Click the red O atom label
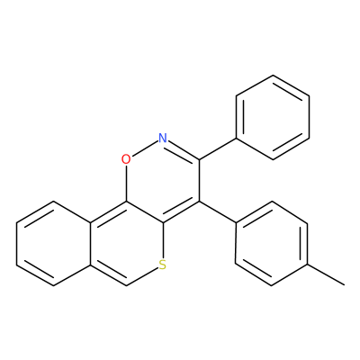click(126, 159)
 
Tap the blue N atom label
click(163, 138)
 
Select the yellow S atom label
click(163, 265)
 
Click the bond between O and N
click(145, 148)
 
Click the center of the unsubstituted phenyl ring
click(273, 117)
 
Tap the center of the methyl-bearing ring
click(272, 244)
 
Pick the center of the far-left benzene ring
click(53, 244)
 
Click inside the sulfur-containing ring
click(126, 244)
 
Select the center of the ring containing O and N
click(163, 180)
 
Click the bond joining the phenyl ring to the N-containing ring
click(218, 148)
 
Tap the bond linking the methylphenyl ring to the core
click(218, 211)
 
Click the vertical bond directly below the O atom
click(126, 183)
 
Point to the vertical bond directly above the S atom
click(163, 240)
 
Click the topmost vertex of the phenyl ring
click(273, 75)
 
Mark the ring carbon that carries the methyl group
click(308, 265)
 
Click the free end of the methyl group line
click(345, 285)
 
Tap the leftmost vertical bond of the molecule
click(17, 244)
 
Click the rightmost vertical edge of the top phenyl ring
click(309, 117)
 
